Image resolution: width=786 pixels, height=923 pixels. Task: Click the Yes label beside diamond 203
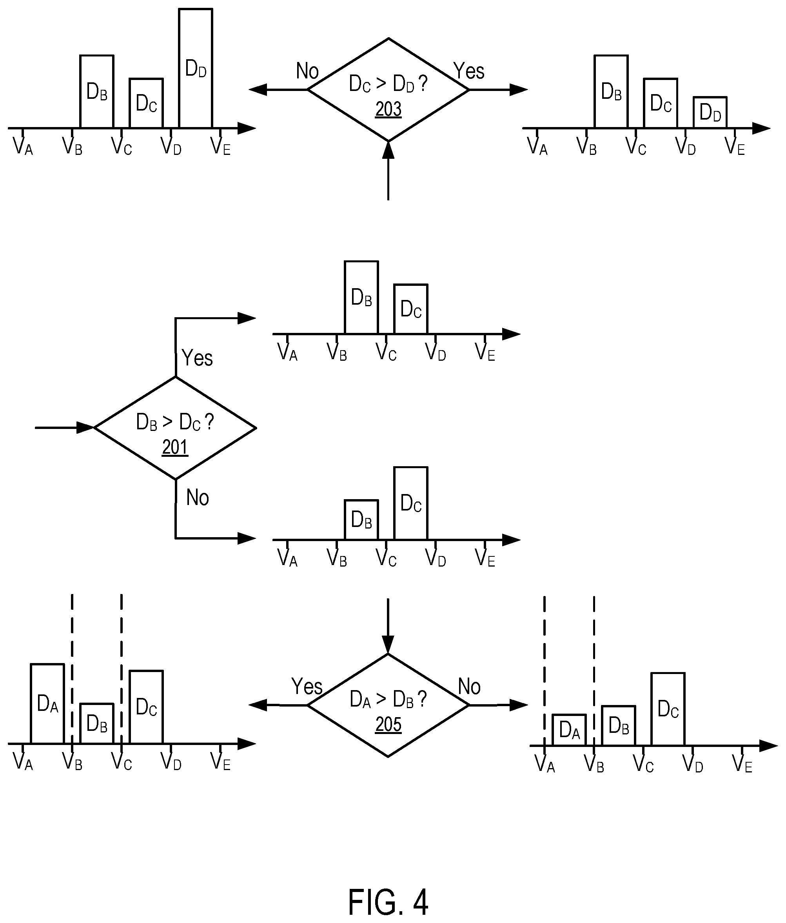pos(469,71)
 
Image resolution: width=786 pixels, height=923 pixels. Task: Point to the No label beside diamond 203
pos(307,71)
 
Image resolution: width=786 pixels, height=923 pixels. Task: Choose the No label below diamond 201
pos(197,497)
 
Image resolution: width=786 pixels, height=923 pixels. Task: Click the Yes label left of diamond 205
pos(307,687)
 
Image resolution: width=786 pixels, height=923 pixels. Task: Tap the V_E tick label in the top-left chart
pos(220,146)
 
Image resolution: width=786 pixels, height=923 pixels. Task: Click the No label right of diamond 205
pos(469,687)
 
